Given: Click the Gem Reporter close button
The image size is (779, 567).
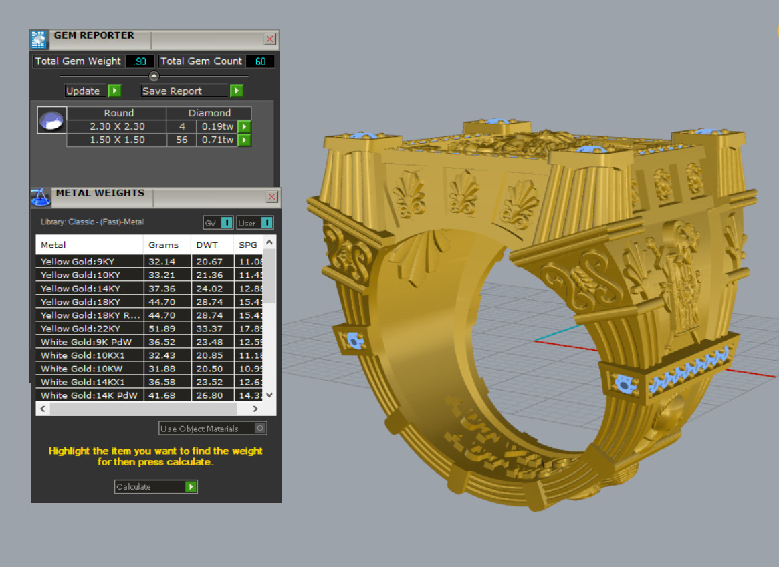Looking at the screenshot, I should coord(270,39).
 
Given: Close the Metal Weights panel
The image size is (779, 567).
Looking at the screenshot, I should coord(272,196).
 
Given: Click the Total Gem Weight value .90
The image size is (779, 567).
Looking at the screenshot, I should coord(140,61).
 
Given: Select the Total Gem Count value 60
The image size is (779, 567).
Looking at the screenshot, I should coord(260,61).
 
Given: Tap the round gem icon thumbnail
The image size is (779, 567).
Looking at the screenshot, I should coord(51,120).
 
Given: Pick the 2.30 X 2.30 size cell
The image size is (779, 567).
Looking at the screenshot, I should coord(117,126).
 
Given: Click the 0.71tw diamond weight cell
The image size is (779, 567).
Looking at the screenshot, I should coord(217,140).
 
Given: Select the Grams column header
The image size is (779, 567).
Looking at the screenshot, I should coord(164,245).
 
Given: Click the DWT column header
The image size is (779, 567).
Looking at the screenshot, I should coord(207,245).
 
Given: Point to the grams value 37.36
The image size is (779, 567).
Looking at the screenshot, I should coord(162,289).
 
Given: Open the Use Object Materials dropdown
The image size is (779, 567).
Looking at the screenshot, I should coord(213,429).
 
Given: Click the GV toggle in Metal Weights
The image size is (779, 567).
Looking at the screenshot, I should coord(218,222).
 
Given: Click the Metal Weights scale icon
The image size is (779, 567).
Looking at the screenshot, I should coord(41,197).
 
